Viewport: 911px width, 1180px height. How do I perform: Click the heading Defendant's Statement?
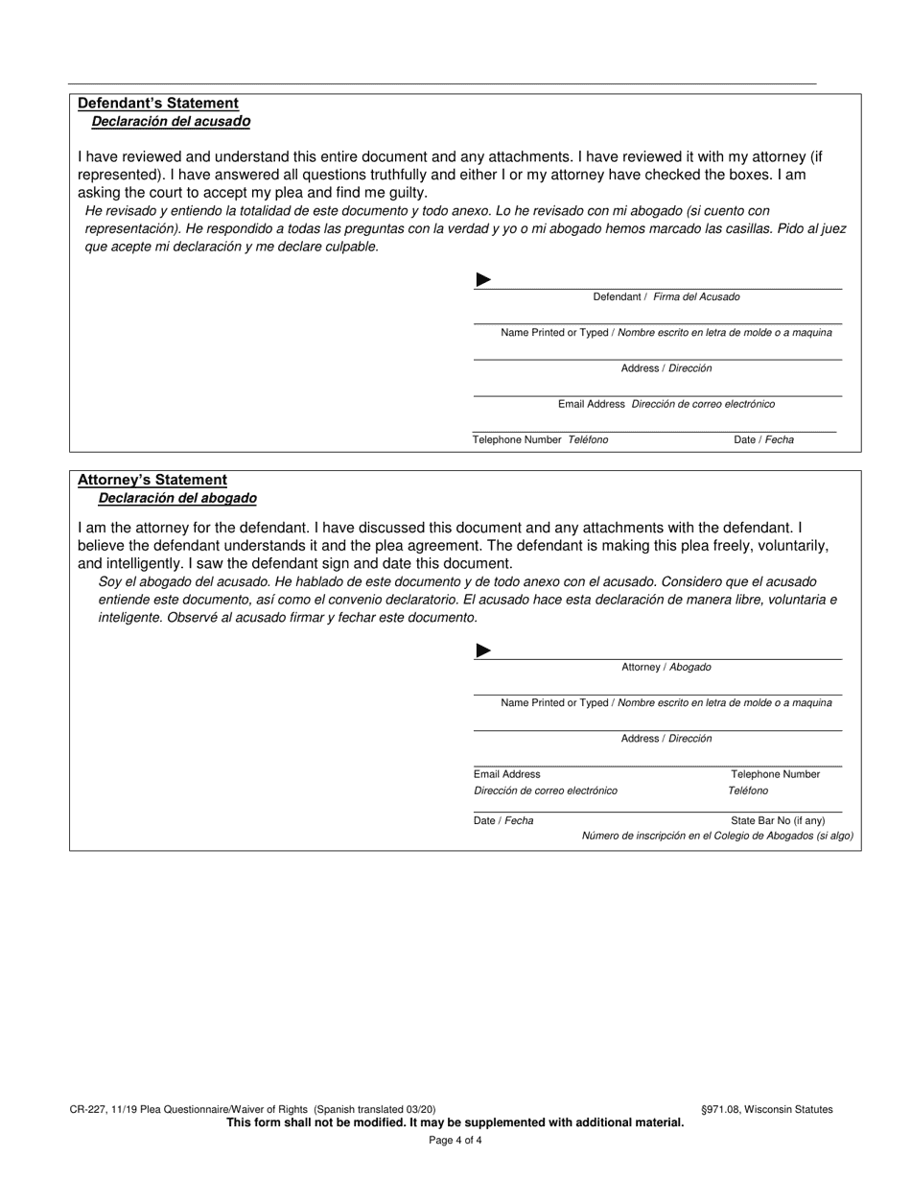158,103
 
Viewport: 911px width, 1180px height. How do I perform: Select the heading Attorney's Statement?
152,480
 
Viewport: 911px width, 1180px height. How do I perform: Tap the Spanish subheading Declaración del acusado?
171,122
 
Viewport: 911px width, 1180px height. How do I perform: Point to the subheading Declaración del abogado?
177,499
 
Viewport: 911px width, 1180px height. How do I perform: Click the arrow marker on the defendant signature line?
483,280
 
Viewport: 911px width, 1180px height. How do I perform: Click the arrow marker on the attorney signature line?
483,650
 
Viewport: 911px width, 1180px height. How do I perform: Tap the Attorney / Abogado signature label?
666,667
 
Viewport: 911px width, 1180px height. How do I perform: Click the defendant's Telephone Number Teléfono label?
540,440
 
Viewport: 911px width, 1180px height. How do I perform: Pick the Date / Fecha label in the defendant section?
763,440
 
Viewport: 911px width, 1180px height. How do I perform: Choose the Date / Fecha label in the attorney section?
503,821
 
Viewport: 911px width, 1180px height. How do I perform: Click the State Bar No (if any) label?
778,821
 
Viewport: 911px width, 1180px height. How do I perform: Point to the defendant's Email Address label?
666,404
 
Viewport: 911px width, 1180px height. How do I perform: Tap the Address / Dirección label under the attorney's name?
666,739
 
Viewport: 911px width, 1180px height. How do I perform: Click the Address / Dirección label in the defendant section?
666,368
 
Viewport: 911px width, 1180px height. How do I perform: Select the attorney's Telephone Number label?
775,774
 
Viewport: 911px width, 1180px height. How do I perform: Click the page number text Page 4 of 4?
455,1141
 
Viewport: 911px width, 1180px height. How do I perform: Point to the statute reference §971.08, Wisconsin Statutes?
767,1110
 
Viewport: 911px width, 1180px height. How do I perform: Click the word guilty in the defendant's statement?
406,193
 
